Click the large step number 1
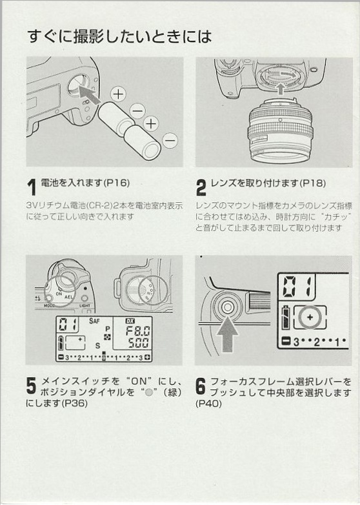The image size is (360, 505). tap(31, 187)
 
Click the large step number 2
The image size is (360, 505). tap(201, 188)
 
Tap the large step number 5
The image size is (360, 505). tap(31, 386)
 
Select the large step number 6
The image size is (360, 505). tap(201, 386)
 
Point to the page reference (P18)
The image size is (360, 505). tap(312, 183)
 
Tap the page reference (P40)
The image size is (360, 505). tap(208, 403)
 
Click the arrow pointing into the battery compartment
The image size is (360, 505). tap(88, 94)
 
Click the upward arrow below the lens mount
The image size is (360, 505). tap(281, 88)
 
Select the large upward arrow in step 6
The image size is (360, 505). tap(228, 335)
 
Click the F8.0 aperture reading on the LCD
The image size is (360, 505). tap(137, 331)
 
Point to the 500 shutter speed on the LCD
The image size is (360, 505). tap(139, 343)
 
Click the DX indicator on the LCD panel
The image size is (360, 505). tap(130, 321)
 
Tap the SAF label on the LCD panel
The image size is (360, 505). tap(94, 320)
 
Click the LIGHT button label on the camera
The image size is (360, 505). tap(85, 305)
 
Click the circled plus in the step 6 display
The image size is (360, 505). tap(310, 317)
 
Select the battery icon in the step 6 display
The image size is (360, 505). tap(286, 317)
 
